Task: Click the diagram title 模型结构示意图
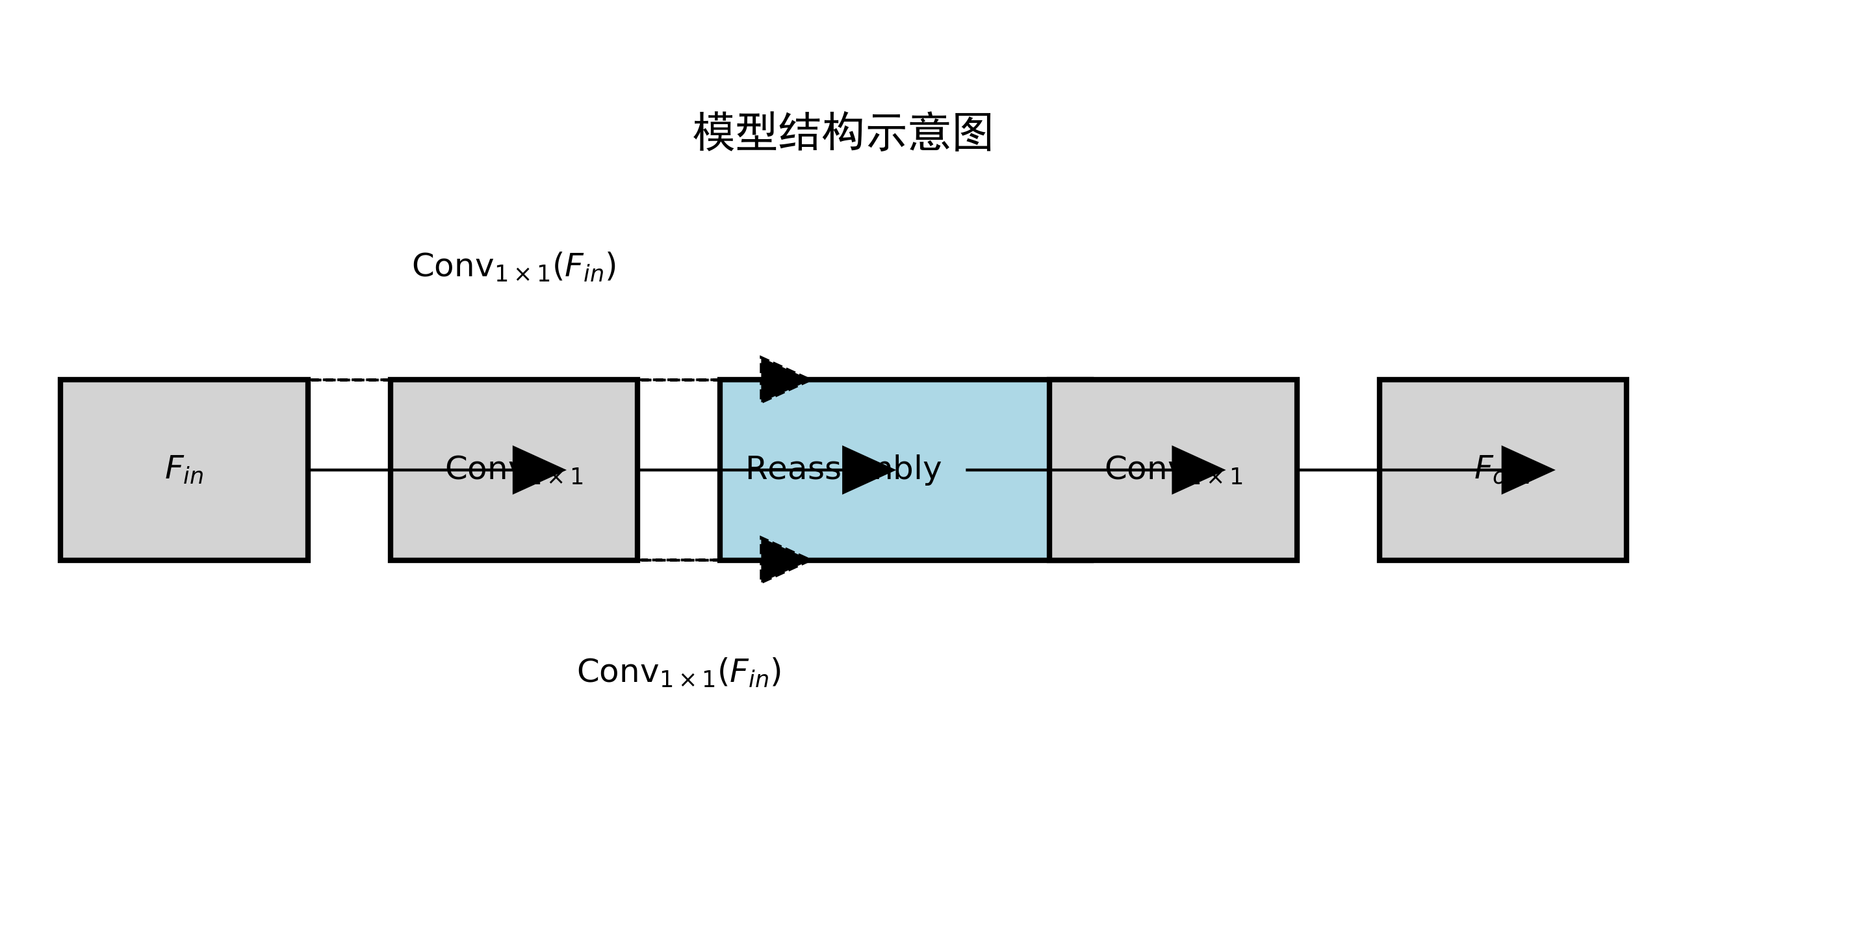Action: (x=842, y=133)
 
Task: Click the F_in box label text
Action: (x=184, y=471)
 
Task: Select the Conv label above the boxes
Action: (x=514, y=267)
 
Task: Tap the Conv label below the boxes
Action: (x=678, y=672)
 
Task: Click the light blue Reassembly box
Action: (x=884, y=518)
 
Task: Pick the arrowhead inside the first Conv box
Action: (x=535, y=471)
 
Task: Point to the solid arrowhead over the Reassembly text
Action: (x=866, y=471)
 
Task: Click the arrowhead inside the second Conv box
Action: (x=1195, y=471)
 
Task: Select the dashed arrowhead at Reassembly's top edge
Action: (x=782, y=379)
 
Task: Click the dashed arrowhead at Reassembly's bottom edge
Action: (x=782, y=560)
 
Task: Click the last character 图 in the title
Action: (x=972, y=133)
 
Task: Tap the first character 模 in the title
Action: (x=714, y=133)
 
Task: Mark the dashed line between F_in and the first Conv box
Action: (x=350, y=380)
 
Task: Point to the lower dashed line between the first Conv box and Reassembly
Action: (x=678, y=560)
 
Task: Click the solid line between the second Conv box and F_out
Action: (x=1337, y=471)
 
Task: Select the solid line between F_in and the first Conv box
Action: (x=350, y=471)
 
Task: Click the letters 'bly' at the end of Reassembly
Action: (x=917, y=469)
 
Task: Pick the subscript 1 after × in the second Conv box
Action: (x=1236, y=477)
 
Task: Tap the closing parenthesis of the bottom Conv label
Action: (x=777, y=672)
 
